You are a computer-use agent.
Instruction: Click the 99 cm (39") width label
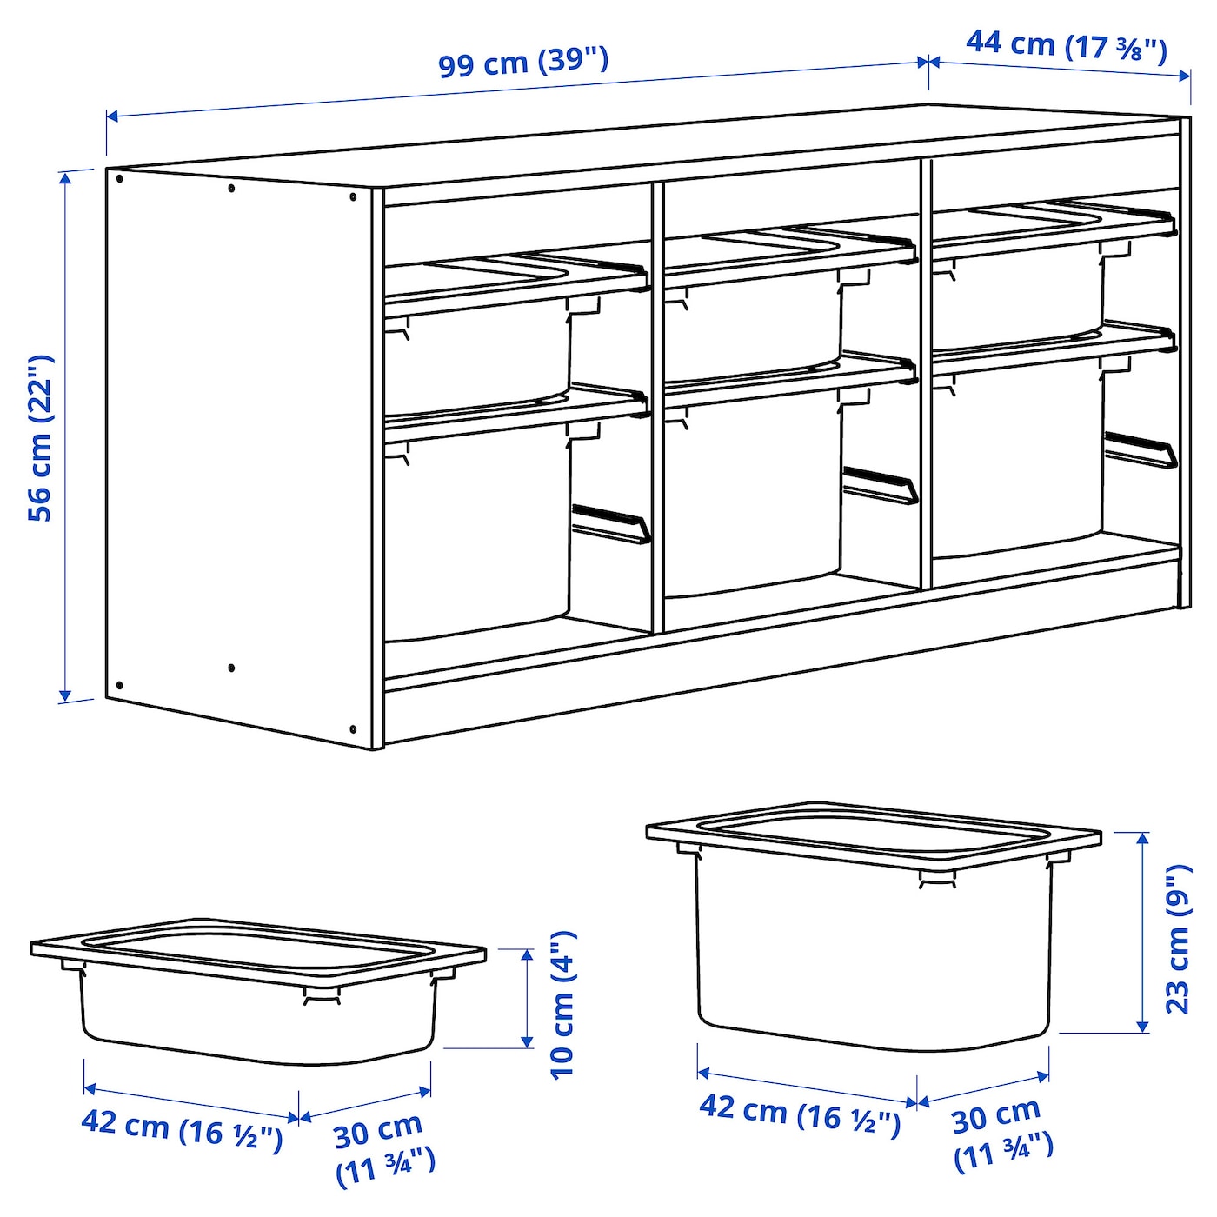click(x=522, y=61)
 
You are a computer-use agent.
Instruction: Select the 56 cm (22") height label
click(x=41, y=437)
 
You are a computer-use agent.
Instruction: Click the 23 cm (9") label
click(x=1178, y=939)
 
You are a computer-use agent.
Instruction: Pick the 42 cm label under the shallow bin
click(x=181, y=1127)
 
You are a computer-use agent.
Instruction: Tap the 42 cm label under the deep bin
click(x=799, y=1112)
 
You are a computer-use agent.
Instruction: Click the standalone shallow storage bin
click(x=257, y=1000)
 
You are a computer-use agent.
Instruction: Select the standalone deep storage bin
click(x=873, y=939)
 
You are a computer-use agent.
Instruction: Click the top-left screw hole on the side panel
click(x=119, y=179)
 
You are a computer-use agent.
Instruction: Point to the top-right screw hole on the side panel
click(x=353, y=197)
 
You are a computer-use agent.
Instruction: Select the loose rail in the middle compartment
click(x=879, y=485)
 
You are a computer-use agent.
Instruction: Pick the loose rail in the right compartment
click(x=1141, y=449)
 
